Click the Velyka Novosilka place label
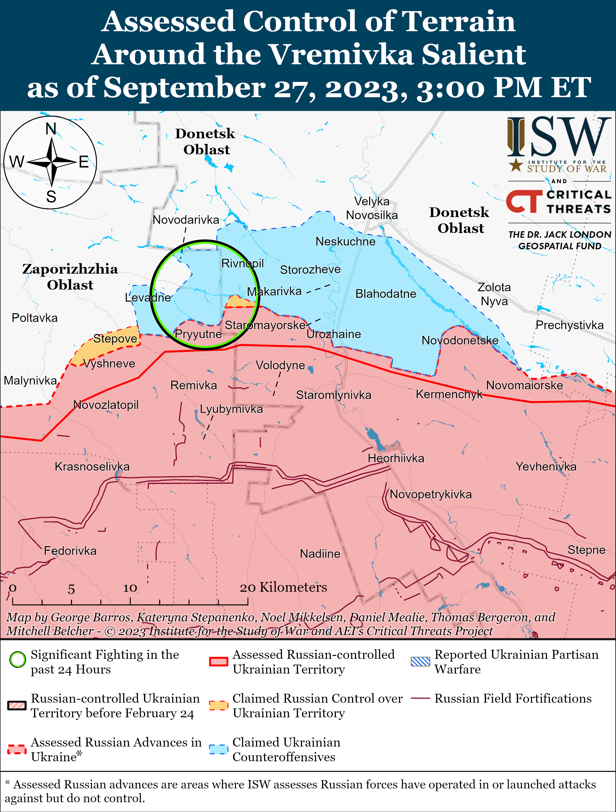[372, 208]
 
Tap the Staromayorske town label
[265, 325]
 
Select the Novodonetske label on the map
[460, 340]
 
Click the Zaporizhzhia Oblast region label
[70, 277]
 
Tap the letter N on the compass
[51, 129]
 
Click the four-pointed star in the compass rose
[52, 161]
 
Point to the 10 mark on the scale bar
[130, 588]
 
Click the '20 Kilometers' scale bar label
[283, 587]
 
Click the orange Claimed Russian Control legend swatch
[219, 705]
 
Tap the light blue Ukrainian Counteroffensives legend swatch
[219, 749]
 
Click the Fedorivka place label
[70, 551]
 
